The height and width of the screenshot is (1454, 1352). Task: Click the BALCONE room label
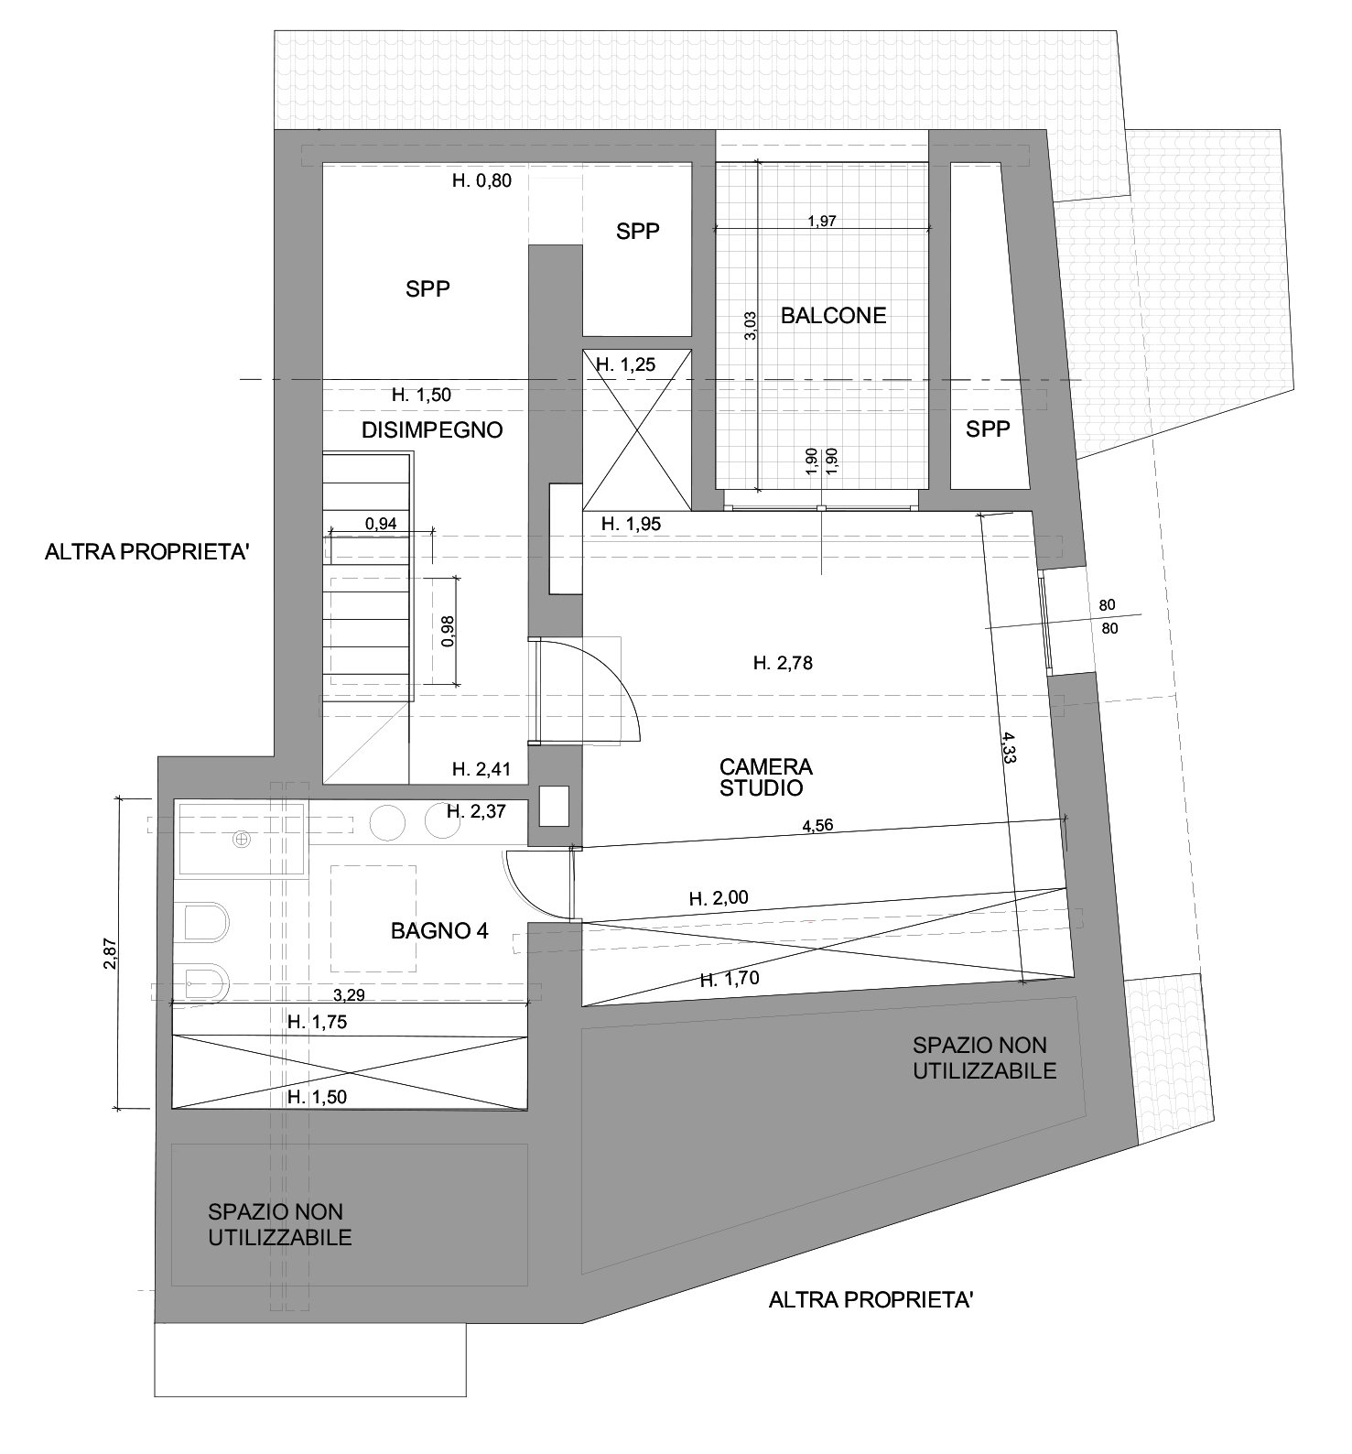click(x=833, y=316)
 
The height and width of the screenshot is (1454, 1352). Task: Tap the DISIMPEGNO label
click(x=432, y=429)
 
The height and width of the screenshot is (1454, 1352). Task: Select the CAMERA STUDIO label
click(x=766, y=776)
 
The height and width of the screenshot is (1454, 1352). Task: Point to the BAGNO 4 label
click(x=439, y=931)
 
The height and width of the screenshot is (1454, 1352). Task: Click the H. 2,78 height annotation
click(x=783, y=664)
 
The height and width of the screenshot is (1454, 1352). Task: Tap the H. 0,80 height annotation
click(x=482, y=180)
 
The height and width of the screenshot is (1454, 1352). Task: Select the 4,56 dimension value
click(x=818, y=825)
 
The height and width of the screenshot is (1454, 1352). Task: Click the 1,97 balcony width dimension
click(x=822, y=221)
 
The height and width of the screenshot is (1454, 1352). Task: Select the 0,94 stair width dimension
click(x=381, y=525)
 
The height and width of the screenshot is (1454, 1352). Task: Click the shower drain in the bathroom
click(x=243, y=838)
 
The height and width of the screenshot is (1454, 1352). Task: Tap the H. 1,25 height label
click(x=626, y=364)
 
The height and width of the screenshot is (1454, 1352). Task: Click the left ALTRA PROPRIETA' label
click(x=147, y=553)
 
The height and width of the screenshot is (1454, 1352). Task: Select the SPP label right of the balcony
click(x=988, y=429)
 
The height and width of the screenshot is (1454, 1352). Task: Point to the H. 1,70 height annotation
click(x=730, y=979)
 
